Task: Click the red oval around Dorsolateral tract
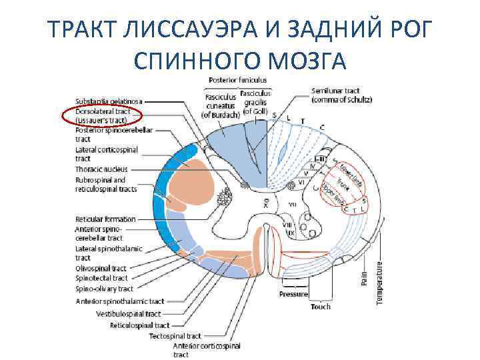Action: (102, 116)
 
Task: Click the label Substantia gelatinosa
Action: (109, 101)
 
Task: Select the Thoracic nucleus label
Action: (101, 169)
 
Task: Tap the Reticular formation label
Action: (105, 219)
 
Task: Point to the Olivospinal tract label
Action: (101, 269)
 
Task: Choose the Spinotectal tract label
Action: (101, 278)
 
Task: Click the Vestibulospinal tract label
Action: (129, 313)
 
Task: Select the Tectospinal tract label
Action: (175, 336)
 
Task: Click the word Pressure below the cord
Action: (293, 294)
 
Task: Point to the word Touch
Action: (321, 307)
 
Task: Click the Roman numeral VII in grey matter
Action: (291, 203)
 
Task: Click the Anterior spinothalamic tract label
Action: (120, 301)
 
